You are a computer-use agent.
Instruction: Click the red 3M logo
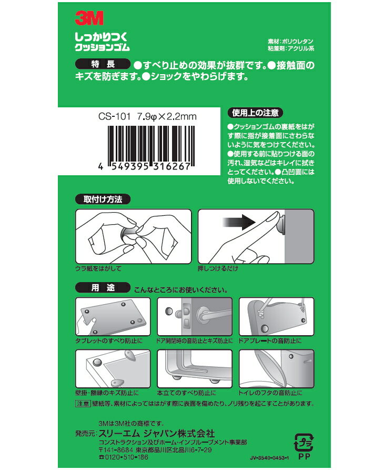[89, 18]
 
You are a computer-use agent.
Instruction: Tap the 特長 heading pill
[103, 64]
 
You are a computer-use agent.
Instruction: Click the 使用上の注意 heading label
[255, 113]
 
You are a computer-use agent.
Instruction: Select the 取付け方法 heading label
[103, 199]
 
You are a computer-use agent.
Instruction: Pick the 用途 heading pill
[103, 288]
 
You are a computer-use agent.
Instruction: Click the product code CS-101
[115, 117]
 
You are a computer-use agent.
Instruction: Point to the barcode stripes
[151, 146]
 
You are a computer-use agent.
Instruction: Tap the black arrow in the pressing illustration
[239, 222]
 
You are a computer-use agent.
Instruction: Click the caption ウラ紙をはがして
[98, 268]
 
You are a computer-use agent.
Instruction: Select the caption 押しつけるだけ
[218, 268]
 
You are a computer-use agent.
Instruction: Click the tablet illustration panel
[113, 316]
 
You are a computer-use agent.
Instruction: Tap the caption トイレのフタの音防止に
[270, 393]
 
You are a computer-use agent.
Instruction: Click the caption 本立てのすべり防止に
[186, 393]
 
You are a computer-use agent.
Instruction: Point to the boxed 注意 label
[83, 404]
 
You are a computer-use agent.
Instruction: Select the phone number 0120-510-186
[124, 457]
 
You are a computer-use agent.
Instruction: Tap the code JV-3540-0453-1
[269, 458]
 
